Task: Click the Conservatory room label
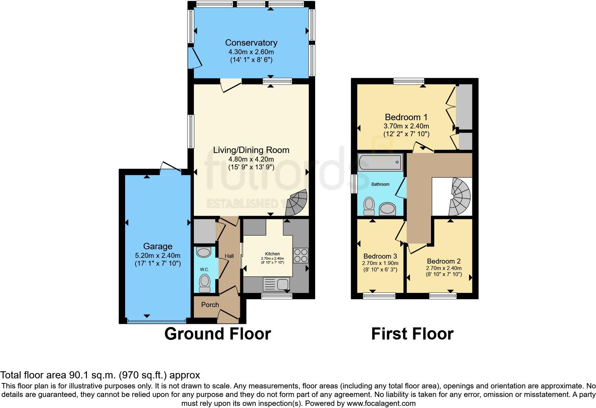coord(251,43)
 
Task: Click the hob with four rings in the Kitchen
coord(300,256)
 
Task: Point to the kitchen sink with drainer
coord(276,284)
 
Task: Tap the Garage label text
coord(158,246)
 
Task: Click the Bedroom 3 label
coord(380,256)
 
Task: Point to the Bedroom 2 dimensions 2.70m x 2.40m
coord(444,268)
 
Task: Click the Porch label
coord(210,305)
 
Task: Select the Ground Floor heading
coord(217,334)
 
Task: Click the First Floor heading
coord(412,334)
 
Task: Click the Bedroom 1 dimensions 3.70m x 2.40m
coord(406,126)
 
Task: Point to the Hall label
coord(229,256)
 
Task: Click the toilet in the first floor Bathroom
coord(369,206)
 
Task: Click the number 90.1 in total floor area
coord(76,375)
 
